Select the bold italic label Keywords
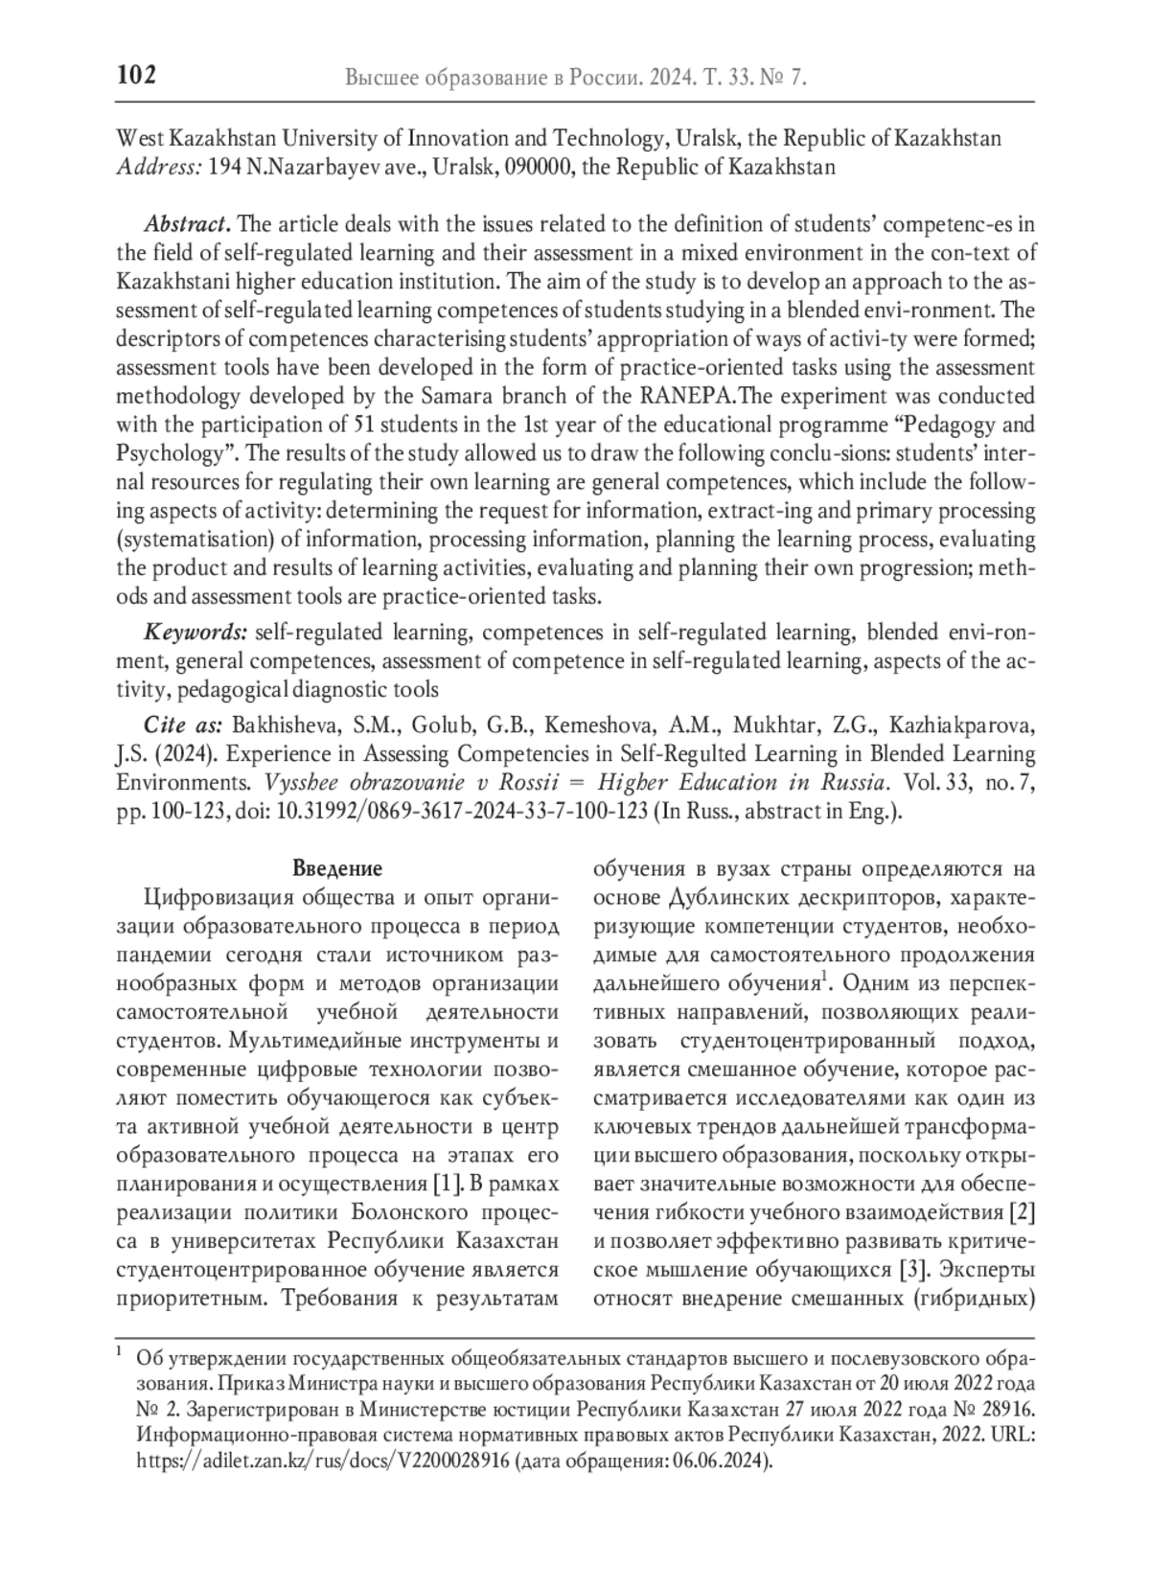195,633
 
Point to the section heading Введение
336,869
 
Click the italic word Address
158,168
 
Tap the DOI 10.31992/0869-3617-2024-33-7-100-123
463,811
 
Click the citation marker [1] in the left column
447,1185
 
